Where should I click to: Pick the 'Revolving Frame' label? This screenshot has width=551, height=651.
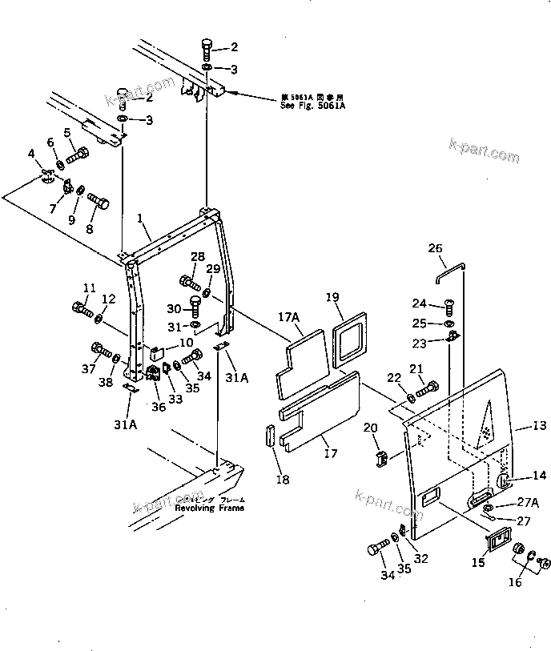210,507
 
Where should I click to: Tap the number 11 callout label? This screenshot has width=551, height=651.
89,288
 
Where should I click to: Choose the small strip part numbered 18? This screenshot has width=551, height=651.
269,440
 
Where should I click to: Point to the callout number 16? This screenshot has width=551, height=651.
517,582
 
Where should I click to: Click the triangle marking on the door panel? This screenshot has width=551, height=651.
485,424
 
